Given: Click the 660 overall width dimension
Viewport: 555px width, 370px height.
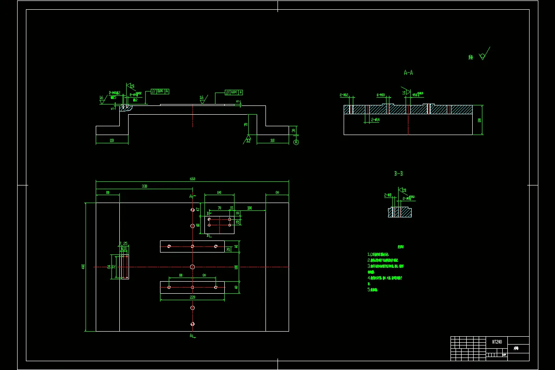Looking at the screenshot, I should (x=192, y=179).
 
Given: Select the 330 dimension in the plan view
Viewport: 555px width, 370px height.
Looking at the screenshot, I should (x=144, y=186).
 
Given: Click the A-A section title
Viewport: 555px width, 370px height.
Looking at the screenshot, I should (x=408, y=73).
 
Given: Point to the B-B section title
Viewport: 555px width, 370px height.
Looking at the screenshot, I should (x=399, y=174).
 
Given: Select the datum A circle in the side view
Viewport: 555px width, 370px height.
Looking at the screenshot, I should (x=296, y=142).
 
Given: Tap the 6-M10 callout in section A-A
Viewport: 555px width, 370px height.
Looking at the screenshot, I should (x=381, y=95).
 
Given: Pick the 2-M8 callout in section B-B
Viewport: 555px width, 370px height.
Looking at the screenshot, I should (x=388, y=195).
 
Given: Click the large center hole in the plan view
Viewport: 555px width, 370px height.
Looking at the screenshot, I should (x=192, y=267).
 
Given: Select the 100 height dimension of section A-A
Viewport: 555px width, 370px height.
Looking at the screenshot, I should (x=480, y=120).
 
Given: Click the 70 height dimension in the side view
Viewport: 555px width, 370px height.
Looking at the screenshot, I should (x=246, y=125).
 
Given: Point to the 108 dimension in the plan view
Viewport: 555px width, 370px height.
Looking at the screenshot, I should (x=249, y=208).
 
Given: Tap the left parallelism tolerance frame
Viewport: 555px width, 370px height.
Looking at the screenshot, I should (x=160, y=91).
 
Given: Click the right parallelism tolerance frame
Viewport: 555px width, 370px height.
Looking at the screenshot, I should (x=234, y=92).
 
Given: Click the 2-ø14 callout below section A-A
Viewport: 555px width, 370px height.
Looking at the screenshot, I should (x=375, y=120).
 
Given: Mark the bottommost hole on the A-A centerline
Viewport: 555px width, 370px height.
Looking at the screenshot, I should (x=192, y=324).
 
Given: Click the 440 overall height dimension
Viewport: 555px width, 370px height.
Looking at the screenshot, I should (x=83, y=267).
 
